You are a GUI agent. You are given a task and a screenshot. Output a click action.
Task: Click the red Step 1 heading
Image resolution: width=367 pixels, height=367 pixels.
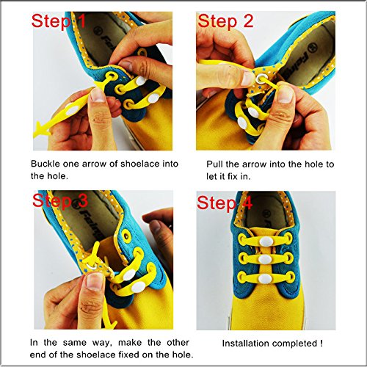tap(59, 21)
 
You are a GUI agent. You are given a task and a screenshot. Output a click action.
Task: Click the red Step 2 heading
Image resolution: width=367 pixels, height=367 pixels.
tap(225, 21)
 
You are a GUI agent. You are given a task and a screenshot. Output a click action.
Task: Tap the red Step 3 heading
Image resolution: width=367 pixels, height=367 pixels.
tap(60, 200)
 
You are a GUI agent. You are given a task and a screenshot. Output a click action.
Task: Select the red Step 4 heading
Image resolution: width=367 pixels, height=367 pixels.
tap(225, 203)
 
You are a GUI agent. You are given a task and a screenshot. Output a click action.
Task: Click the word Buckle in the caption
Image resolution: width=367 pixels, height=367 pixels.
tap(46, 164)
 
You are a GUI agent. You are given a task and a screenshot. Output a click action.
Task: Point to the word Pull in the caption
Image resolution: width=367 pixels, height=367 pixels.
tap(214, 164)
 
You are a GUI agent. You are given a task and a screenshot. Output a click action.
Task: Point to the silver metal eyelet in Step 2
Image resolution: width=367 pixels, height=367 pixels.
tap(260, 79)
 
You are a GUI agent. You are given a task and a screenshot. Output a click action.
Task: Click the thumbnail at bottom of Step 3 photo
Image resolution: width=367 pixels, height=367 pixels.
tap(95, 281)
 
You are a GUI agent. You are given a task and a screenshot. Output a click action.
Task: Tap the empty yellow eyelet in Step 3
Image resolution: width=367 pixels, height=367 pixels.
tap(127, 236)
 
